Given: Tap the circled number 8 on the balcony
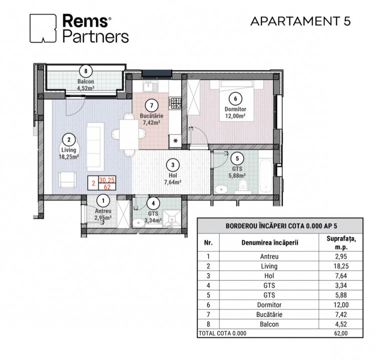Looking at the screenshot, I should coord(86,71).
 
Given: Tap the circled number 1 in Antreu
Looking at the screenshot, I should coord(103,201).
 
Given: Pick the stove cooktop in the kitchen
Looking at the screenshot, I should coord(176,103).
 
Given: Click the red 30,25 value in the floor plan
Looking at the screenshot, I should coord(107,180).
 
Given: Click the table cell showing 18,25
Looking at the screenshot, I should coord(341,266).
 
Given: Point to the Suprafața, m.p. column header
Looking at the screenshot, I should coord(341,242).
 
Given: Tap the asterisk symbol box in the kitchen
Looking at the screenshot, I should coord(175,141).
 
